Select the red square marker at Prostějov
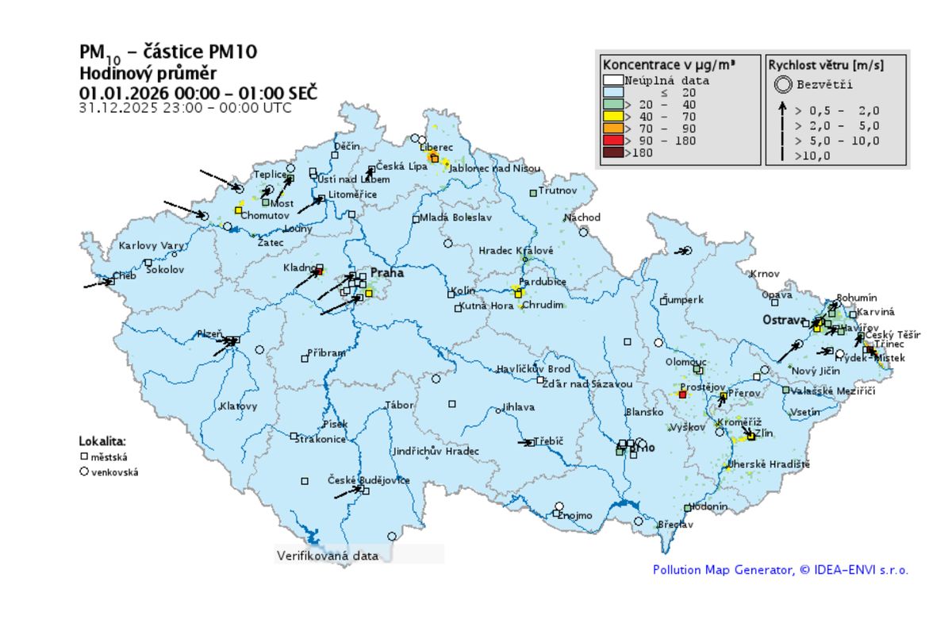(x=682, y=394)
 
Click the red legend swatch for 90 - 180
(x=612, y=141)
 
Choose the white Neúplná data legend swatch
(x=612, y=80)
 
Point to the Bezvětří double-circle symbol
(x=784, y=83)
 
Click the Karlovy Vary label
(x=151, y=246)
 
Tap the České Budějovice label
(x=369, y=480)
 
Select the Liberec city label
(x=436, y=148)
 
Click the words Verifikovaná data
(x=327, y=556)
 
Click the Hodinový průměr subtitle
(x=136, y=73)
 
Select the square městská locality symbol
(x=83, y=456)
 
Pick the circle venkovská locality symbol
(x=83, y=471)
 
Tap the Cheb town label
(x=125, y=276)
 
